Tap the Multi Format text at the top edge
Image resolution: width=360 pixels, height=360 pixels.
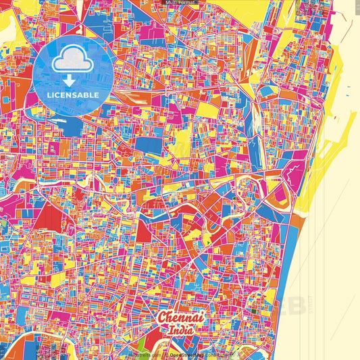point(179,3)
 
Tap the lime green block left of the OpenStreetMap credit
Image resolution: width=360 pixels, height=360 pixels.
point(140,349)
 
